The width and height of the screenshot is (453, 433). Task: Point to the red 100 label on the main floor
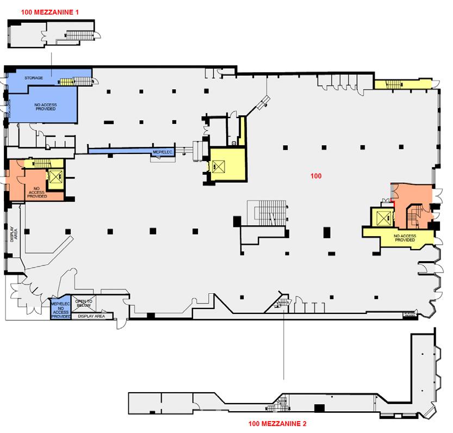316,176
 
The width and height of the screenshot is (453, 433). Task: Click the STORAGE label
34,78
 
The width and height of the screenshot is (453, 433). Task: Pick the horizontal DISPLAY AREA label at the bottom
92,316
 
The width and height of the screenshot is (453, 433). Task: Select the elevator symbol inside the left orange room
55,176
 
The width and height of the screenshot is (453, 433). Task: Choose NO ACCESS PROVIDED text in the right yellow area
405,238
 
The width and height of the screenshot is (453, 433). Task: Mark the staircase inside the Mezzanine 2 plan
282,403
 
